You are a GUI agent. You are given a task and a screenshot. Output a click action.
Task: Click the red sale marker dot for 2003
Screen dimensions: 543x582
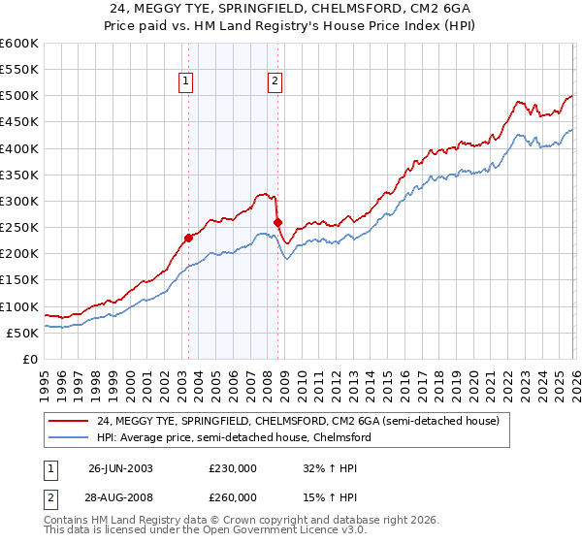click(x=188, y=237)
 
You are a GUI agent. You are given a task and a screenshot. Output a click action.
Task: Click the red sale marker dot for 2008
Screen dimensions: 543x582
click(x=277, y=222)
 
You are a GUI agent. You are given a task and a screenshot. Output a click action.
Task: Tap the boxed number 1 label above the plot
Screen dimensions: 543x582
click(x=185, y=82)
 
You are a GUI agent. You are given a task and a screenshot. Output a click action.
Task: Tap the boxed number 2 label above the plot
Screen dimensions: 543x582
click(x=275, y=82)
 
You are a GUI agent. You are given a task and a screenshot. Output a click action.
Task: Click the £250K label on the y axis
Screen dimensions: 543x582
click(x=18, y=228)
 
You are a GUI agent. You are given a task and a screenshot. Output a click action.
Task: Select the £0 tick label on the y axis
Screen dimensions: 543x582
click(x=30, y=360)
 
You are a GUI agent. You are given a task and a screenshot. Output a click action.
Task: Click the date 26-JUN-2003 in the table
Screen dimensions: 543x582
click(x=121, y=467)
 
